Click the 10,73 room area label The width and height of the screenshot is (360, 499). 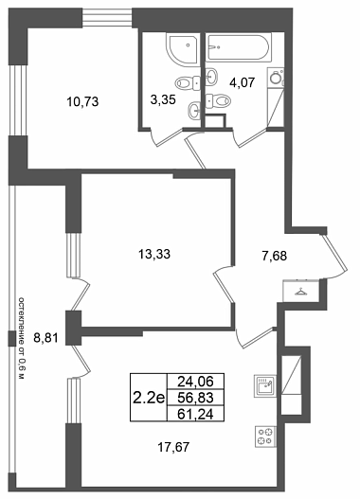[x=82, y=102]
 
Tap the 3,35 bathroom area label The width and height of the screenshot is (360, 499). [x=163, y=99]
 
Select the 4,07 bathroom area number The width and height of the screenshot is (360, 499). [x=243, y=82]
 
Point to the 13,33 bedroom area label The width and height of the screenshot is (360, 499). [x=154, y=254]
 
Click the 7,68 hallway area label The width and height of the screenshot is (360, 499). [x=275, y=256]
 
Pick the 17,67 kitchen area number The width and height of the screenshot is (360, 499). [x=173, y=447]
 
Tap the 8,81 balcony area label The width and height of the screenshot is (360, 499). [x=46, y=338]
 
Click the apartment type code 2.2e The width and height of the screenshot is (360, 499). [x=149, y=398]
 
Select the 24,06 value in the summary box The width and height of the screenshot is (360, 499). [x=195, y=381]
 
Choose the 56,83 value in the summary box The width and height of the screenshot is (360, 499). [x=195, y=397]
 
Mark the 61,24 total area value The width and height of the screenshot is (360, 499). [x=195, y=414]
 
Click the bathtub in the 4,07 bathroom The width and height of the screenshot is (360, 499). [x=239, y=47]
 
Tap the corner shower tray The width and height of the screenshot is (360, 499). [x=182, y=50]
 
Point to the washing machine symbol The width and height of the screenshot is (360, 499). [x=276, y=78]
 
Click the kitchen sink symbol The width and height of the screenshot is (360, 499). [x=265, y=385]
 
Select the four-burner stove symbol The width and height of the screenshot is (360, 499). [x=265, y=437]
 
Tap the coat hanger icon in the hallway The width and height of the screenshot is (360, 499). [x=300, y=292]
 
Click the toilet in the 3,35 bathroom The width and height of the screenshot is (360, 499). [x=188, y=83]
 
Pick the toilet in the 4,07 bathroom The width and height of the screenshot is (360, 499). [x=218, y=101]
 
